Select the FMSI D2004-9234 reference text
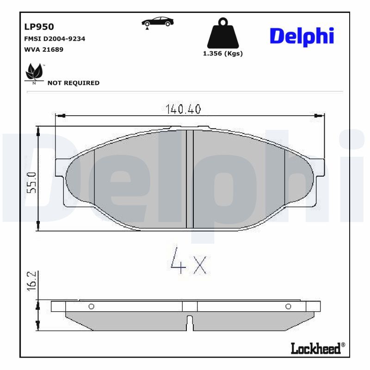pyautogui.click(x=54, y=39)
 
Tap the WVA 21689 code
pyautogui.click(x=43, y=49)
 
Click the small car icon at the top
pyautogui.click(x=158, y=22)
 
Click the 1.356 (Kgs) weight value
pyautogui.click(x=223, y=53)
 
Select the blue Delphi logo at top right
pyautogui.click(x=302, y=36)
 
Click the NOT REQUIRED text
pyautogui.click(x=73, y=83)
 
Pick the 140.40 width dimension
pyautogui.click(x=183, y=109)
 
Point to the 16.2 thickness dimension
pyautogui.click(x=31, y=281)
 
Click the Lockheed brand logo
pyautogui.click(x=317, y=348)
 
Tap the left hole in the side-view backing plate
pyautogui.click(x=91, y=306)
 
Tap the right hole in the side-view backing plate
pyautogui.click(x=288, y=306)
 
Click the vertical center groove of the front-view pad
pyautogui.click(x=190, y=179)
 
